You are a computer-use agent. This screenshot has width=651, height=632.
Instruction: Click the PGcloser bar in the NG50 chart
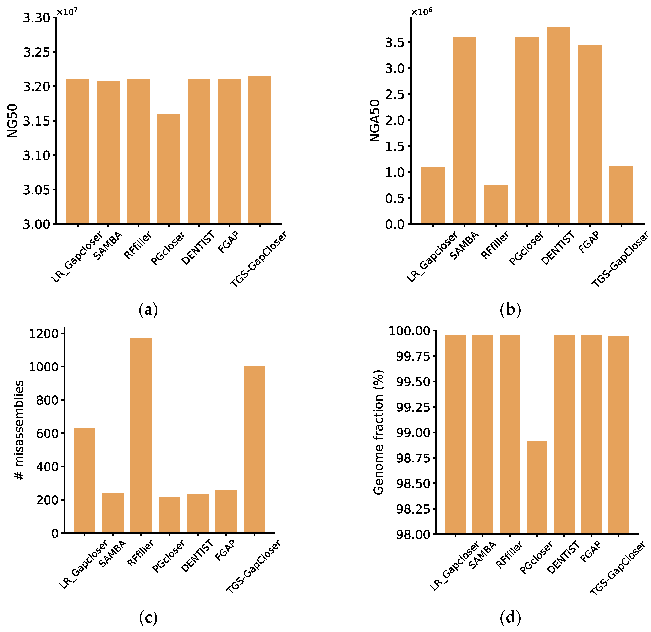(169, 169)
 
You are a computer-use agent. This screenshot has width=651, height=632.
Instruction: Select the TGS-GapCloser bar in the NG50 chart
(260, 150)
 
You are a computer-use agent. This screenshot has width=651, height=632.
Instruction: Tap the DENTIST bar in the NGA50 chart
(559, 126)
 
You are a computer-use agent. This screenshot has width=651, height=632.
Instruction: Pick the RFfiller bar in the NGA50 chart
(496, 204)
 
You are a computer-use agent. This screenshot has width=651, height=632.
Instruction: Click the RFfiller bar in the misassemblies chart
(141, 435)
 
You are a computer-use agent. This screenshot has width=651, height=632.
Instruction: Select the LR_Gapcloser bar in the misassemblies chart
(84, 480)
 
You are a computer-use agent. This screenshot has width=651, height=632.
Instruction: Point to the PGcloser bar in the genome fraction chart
(537, 487)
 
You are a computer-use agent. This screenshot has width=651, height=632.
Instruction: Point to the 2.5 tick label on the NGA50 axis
(395, 94)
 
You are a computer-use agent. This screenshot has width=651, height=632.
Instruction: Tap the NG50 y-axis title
(13, 121)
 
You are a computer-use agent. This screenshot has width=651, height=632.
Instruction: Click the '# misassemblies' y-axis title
(19, 430)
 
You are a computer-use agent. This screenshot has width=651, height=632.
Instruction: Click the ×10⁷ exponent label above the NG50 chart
(67, 12)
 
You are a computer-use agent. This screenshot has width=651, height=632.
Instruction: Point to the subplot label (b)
(510, 310)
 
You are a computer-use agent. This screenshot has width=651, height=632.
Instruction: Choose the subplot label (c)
(148, 617)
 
